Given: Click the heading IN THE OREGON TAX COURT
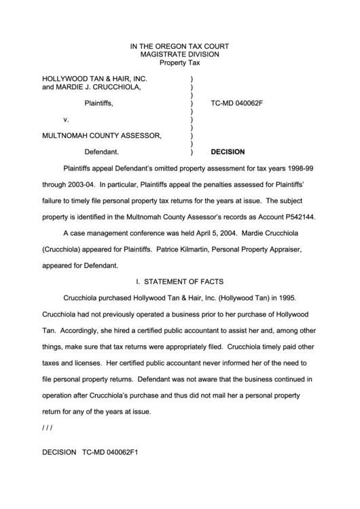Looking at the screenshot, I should tap(179, 46).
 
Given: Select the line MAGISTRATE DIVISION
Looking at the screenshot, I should tap(179, 54).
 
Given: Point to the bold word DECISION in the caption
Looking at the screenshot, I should tap(228, 152).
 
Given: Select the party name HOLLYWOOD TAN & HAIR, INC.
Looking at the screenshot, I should tap(94, 79).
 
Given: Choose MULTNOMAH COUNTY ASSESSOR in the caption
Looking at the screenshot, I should tap(102, 136).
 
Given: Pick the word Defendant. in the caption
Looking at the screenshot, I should tap(102, 152).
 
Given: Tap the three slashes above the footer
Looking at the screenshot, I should tap(47, 427).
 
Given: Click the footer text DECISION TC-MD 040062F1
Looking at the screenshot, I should tap(90, 451).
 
